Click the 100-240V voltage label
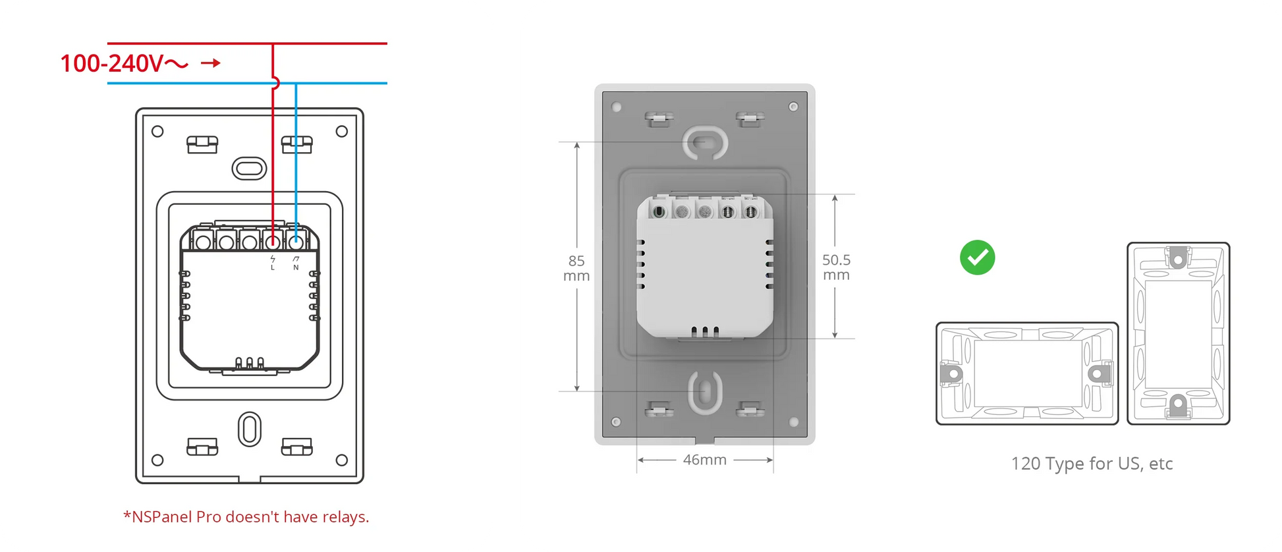click(x=125, y=64)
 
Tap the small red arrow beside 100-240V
click(x=211, y=63)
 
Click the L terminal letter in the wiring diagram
click(x=273, y=268)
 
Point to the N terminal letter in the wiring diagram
click(x=296, y=268)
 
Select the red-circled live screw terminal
click(x=273, y=242)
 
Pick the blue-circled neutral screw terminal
click(x=296, y=242)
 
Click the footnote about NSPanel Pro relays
click(x=246, y=517)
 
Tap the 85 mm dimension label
click(x=576, y=269)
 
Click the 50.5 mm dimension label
click(x=836, y=267)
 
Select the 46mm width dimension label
click(x=705, y=460)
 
